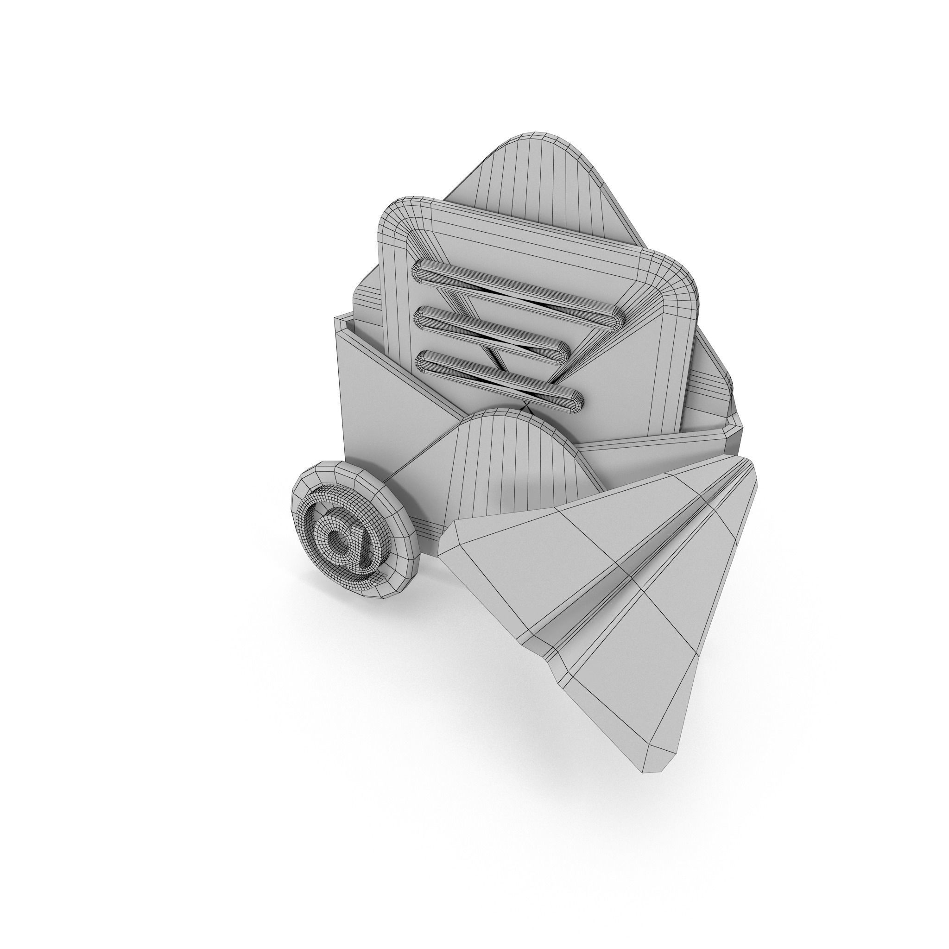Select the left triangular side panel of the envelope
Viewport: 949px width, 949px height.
coord(373,393)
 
